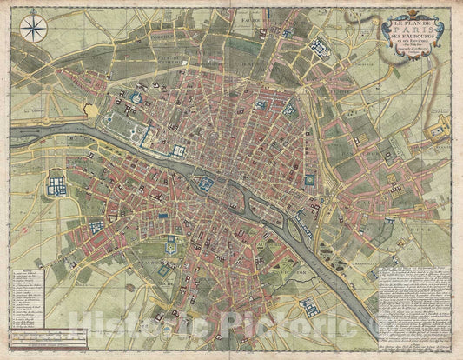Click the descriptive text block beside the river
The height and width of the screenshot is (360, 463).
pyautogui.click(x=414, y=297)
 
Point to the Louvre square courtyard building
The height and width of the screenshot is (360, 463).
pyautogui.click(x=179, y=151)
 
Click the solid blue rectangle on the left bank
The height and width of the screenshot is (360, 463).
pyautogui.click(x=162, y=213)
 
